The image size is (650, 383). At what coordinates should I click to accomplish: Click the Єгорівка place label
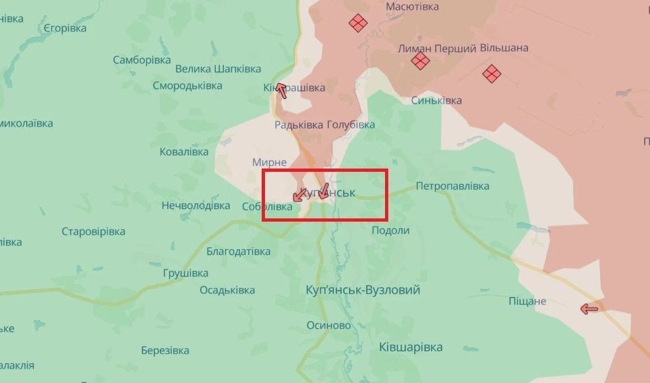[65, 28]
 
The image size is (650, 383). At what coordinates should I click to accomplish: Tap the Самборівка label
[142, 60]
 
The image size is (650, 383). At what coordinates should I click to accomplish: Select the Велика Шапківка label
[218, 69]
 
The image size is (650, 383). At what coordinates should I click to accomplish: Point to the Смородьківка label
[188, 85]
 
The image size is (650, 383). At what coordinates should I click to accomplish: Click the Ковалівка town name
[184, 151]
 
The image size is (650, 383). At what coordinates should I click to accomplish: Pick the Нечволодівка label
[196, 205]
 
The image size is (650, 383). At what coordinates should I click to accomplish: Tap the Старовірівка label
[93, 232]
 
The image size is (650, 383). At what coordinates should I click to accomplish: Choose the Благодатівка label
[238, 251]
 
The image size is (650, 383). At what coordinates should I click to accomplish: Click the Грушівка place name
[186, 273]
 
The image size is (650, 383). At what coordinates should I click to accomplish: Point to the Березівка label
[165, 350]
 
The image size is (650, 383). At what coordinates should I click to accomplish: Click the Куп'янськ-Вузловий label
[363, 290]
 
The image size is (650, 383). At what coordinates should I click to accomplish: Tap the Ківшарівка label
[411, 347]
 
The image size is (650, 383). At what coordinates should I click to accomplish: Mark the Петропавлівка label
[453, 186]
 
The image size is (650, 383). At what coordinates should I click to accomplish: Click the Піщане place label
[527, 301]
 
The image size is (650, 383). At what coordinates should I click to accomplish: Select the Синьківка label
[436, 100]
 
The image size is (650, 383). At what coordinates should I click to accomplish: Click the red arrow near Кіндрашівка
[281, 90]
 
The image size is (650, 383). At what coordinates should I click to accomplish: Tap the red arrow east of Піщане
[590, 309]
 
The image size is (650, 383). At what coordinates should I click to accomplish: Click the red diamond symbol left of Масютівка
[357, 24]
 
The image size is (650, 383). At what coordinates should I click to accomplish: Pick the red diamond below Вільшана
[491, 73]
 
